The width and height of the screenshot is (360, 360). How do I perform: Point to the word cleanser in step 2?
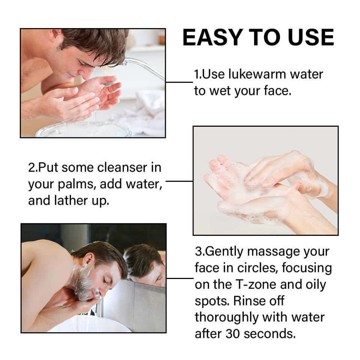[x=122, y=167]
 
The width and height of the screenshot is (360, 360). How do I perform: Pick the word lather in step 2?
[x=71, y=200]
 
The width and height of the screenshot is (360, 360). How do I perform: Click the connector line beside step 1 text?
[x=179, y=82]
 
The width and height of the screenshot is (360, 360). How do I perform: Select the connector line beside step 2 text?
[x=179, y=181]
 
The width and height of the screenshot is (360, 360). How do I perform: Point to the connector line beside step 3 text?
[x=180, y=279]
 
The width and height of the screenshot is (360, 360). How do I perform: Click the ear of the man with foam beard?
[x=87, y=259]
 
